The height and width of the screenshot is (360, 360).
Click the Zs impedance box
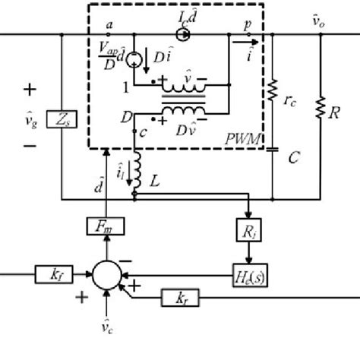[x=61, y=118]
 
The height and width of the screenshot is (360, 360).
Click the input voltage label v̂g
[x=33, y=119]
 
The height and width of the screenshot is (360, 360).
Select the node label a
[x=110, y=24]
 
